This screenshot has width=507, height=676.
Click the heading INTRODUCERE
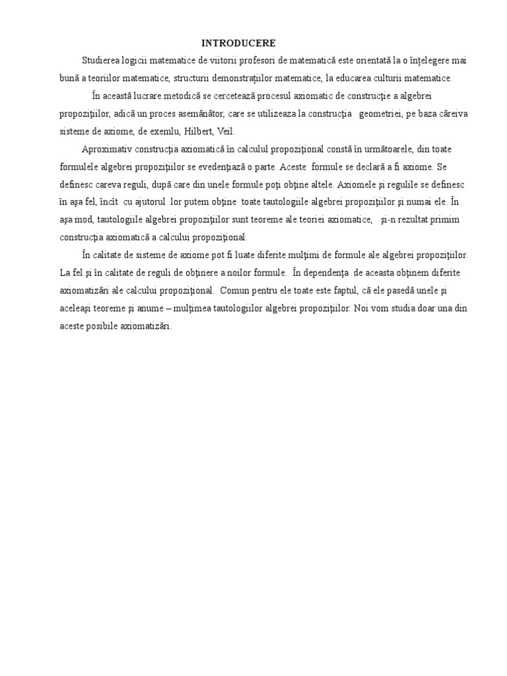coord(238,43)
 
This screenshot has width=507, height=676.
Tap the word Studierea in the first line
coord(102,61)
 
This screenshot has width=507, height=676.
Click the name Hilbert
coord(180,131)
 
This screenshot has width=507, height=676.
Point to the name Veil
coord(207,131)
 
